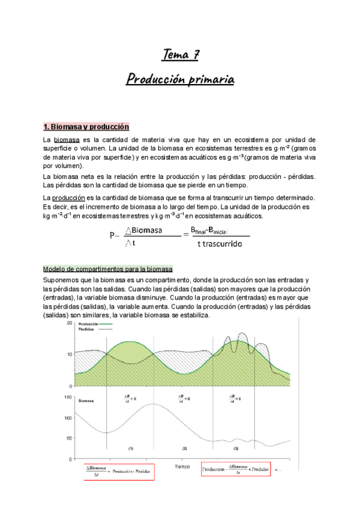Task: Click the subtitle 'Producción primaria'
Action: click(180, 79)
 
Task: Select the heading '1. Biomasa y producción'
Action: click(86, 127)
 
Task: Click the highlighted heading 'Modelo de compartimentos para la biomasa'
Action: click(108, 268)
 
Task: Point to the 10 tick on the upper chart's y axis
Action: click(70, 354)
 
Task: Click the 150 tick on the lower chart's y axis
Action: click(68, 397)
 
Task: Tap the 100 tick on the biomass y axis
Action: click(68, 416)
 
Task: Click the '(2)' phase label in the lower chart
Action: click(185, 448)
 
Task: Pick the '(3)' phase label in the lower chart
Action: click(236, 448)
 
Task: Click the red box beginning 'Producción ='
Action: click(236, 469)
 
